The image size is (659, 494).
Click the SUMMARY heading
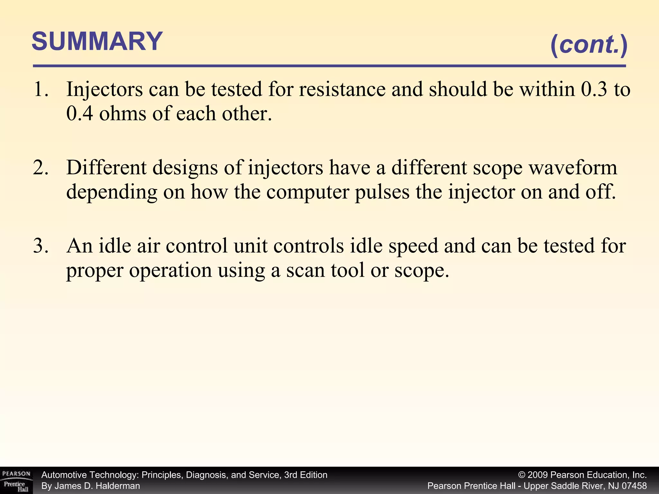coord(97,41)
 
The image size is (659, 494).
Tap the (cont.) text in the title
coord(589,45)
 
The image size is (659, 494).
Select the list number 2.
coord(41,168)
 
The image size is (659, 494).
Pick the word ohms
coord(122,114)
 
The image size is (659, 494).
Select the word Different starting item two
coord(106,168)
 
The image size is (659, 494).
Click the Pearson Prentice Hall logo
coord(16,480)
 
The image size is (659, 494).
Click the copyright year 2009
coord(538,475)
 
